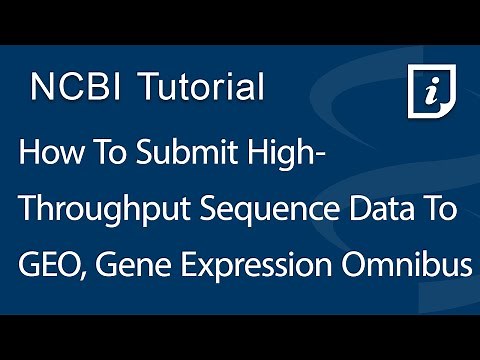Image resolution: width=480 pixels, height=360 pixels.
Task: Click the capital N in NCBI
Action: [42, 87]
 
